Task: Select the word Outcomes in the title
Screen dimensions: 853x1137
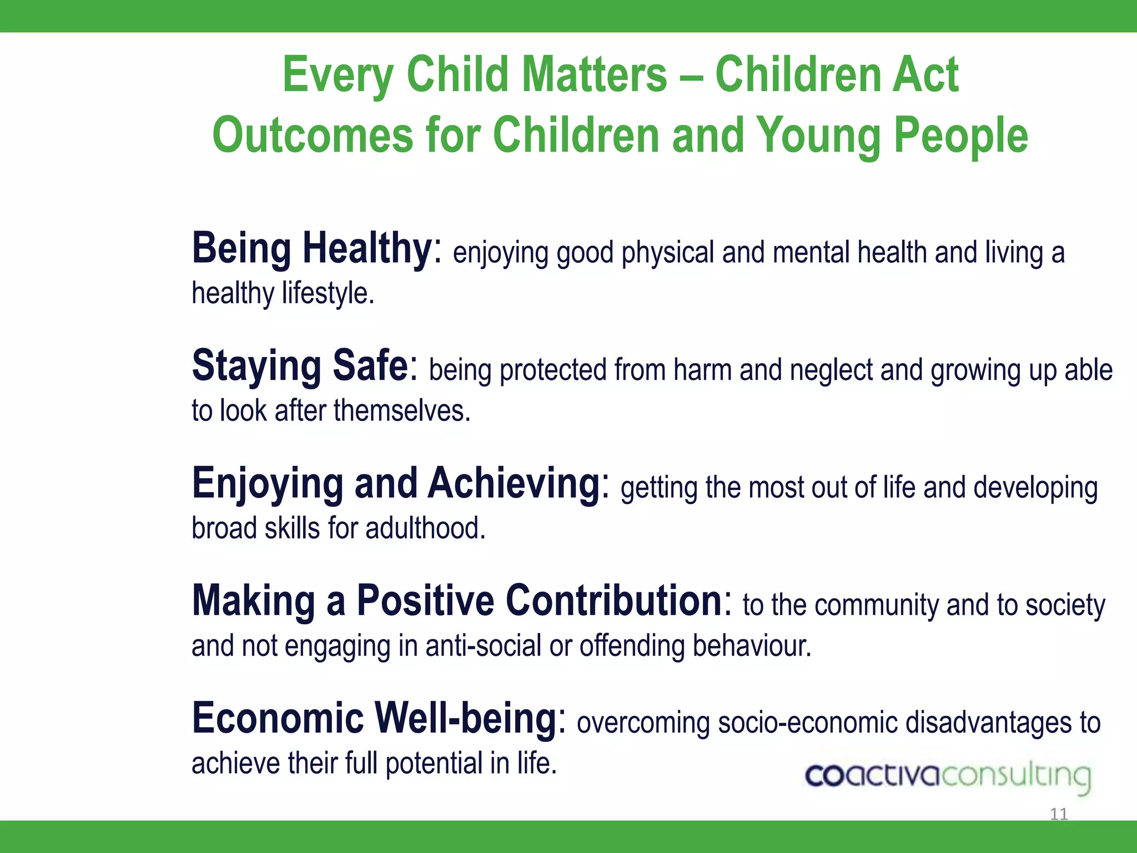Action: coord(313,136)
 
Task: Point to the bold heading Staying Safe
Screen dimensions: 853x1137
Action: coord(300,365)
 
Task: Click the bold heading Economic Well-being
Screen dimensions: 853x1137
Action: coord(374,719)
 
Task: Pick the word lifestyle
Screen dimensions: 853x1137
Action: coord(328,293)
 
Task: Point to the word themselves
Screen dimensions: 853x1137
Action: coord(402,411)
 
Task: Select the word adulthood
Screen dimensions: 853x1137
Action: coord(425,528)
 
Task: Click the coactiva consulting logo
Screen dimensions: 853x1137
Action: coord(948,776)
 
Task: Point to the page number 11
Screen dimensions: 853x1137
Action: coord(1059,814)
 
